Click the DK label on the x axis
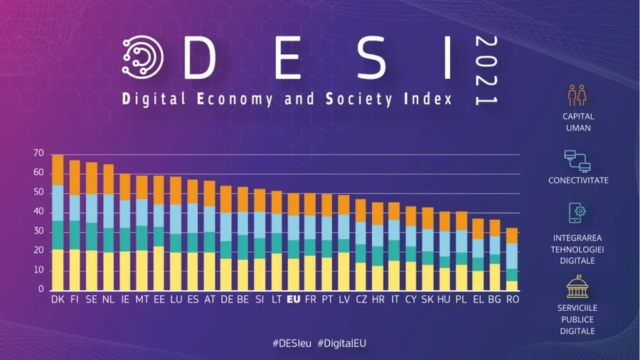[58, 300]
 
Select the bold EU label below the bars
[293, 300]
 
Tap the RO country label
[513, 300]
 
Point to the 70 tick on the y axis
[38, 154]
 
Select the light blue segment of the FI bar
[75, 208]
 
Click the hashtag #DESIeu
[292, 343]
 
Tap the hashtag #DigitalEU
[342, 343]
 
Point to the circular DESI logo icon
[142, 56]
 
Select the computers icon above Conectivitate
[577, 161]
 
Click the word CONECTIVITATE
[578, 181]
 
